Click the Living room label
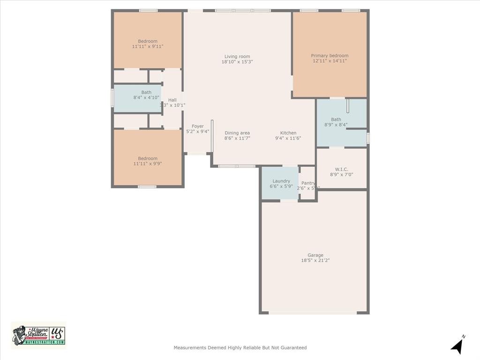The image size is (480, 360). click(237, 56)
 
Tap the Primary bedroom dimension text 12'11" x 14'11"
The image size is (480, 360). click(330, 61)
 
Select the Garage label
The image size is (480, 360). click(315, 255)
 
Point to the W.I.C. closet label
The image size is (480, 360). click(341, 169)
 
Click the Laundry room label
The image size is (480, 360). click(281, 181)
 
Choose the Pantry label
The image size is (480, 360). click(308, 183)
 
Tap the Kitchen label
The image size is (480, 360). click(288, 133)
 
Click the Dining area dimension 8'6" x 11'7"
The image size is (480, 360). click(237, 138)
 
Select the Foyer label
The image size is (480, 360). click(198, 126)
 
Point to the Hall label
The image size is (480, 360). click(172, 100)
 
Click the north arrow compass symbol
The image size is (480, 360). click(457, 345)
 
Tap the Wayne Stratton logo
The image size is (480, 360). click(38, 335)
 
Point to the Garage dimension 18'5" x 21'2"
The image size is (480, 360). click(315, 261)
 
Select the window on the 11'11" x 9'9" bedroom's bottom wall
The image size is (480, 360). click(147, 187)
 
